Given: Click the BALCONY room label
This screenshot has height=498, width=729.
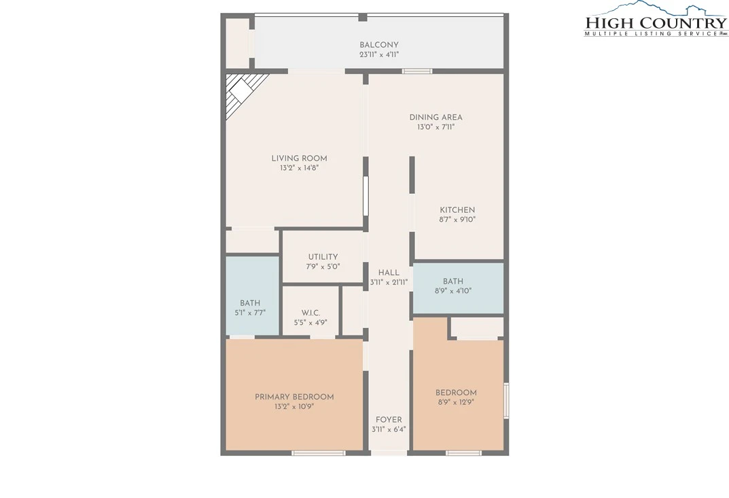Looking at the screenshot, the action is pos(379,45).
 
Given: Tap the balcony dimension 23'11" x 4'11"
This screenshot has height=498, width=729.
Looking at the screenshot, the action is pos(379,54).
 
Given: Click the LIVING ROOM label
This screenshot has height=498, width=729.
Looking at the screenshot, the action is pos(300,159).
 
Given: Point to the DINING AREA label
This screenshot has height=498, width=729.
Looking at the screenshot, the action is pos(435,117).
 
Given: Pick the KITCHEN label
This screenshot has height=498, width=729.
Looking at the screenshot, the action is pos(457,210).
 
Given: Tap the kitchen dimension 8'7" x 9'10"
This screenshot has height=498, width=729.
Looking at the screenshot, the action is pos(457,220).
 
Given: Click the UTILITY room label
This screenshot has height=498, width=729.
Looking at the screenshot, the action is pos(323,257).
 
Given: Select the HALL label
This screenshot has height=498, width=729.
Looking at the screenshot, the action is pos(389,273).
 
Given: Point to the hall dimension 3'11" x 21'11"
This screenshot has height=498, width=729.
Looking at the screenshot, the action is pos(389,282).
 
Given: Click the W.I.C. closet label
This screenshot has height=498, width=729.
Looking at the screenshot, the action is pos(310,313).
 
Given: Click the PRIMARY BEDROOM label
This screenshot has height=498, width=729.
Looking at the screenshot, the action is pos(294,397).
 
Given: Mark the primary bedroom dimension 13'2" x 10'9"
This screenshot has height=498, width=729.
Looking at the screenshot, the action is pos(294,407).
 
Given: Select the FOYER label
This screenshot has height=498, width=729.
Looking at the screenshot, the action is pos(389,420).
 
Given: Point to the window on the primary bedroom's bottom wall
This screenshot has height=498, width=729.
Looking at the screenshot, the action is pos(319,453).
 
